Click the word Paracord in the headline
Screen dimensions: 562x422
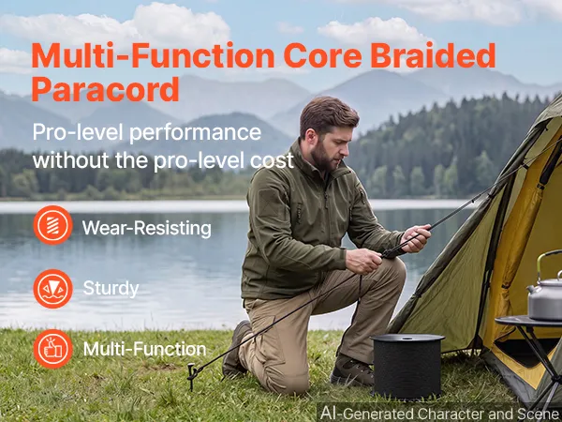point(105,89)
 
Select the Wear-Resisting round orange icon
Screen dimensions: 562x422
point(53,225)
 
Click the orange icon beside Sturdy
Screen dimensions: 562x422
point(53,289)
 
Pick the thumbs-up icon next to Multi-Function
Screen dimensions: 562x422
point(53,349)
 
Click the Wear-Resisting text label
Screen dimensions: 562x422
point(147,228)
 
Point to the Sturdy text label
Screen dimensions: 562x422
point(111,289)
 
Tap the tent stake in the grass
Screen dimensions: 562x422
point(192,376)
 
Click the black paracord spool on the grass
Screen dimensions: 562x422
point(407,366)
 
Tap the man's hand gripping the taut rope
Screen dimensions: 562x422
point(417,238)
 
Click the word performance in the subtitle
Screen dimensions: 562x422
point(195,133)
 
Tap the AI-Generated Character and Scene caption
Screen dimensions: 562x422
point(440,413)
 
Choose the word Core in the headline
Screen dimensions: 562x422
point(322,56)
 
